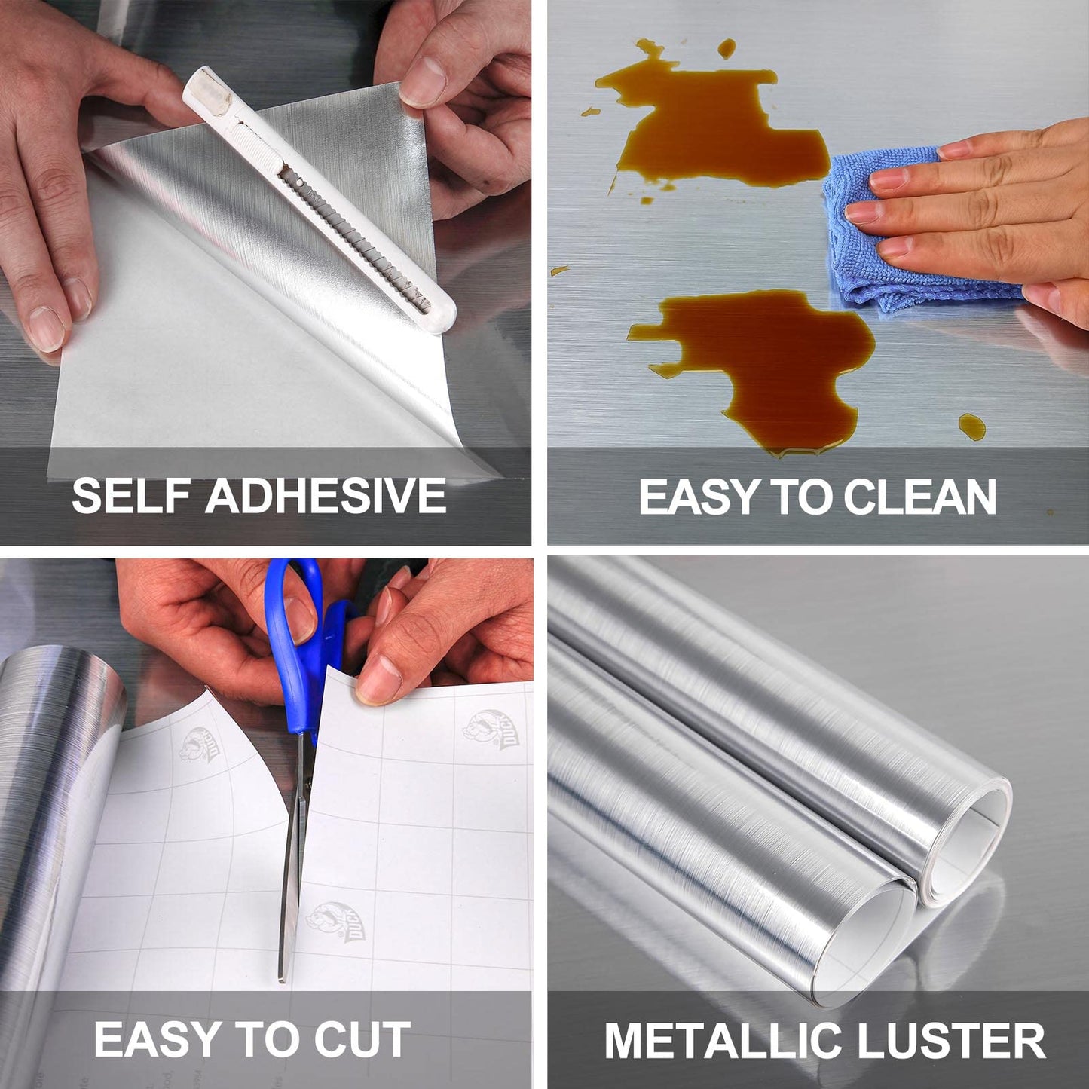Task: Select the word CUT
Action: click(x=362, y=1040)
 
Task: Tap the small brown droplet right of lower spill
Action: click(x=971, y=426)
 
